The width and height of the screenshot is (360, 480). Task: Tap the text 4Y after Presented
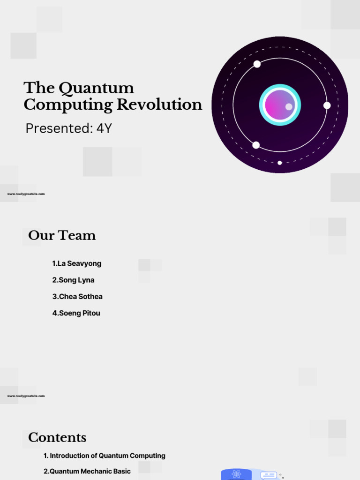(x=104, y=128)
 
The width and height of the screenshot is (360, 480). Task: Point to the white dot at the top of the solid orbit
(x=257, y=64)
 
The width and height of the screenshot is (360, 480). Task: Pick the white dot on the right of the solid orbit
(x=327, y=105)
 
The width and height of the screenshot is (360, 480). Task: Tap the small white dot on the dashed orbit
(x=280, y=163)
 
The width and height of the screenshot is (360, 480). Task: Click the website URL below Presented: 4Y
(x=26, y=194)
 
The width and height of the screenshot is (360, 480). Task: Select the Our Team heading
(x=62, y=235)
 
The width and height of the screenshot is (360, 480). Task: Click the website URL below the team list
(x=26, y=396)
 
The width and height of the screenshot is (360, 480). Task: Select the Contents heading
(x=57, y=437)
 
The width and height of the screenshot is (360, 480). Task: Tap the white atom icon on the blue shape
(x=237, y=474)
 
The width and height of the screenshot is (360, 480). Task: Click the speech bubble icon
(x=269, y=475)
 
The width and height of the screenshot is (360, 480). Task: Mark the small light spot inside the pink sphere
(x=289, y=107)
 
